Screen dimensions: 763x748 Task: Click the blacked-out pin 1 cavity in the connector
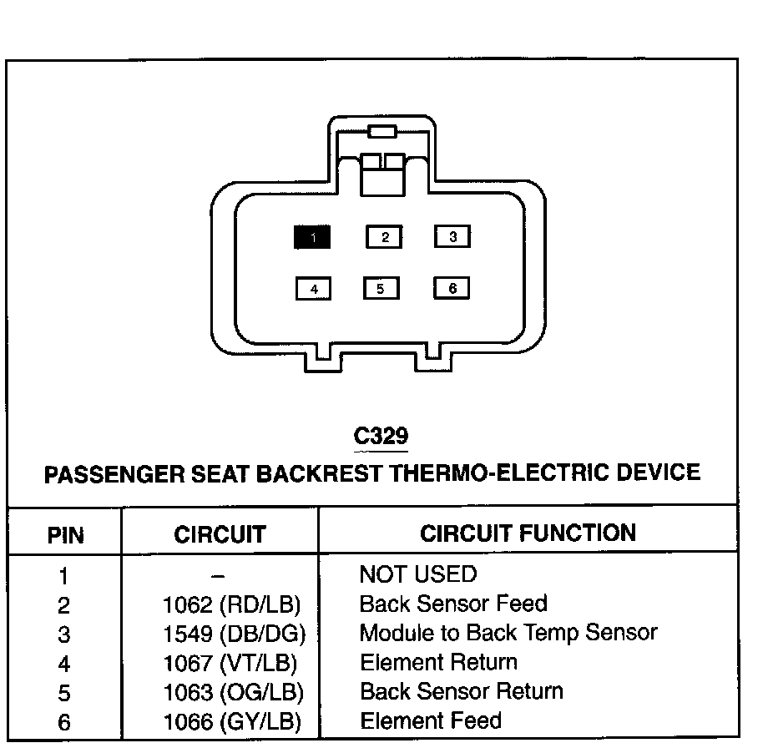pos(312,238)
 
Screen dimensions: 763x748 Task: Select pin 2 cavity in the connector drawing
pos(384,238)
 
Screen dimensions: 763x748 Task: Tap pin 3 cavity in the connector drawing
pos(452,237)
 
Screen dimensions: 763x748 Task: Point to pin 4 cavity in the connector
pos(314,290)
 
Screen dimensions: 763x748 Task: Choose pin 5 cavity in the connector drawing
pos(381,289)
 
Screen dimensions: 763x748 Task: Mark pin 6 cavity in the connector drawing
pos(452,289)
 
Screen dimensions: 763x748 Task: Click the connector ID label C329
pos(381,436)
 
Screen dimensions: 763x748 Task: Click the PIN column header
pos(65,534)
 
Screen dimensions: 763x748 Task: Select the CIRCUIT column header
pos(220,534)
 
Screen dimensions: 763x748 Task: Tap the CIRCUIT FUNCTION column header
pos(528,533)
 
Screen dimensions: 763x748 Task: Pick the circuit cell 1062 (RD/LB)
pos(231,604)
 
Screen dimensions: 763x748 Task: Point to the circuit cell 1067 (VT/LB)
pos(231,664)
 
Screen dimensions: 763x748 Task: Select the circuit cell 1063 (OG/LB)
pos(233,693)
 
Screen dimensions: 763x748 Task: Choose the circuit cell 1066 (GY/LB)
pos(232,722)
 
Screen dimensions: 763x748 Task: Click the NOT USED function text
pos(417,574)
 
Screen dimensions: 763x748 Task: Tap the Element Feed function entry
pos(431,720)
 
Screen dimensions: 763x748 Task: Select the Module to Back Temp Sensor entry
pos(508,633)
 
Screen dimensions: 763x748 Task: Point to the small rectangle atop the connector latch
pos(381,131)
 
